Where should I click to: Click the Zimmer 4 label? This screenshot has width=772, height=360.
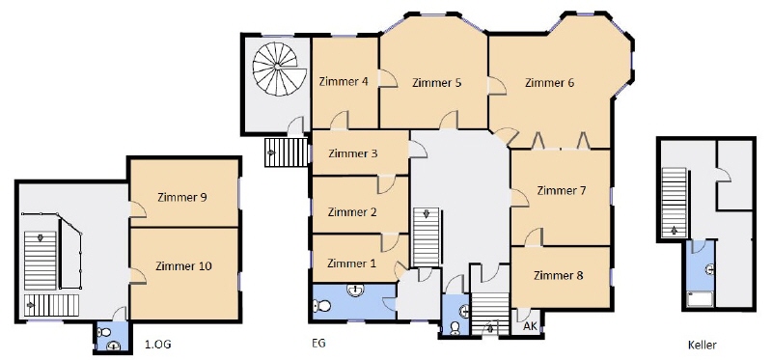344,82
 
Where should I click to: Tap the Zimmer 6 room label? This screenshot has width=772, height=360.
549,83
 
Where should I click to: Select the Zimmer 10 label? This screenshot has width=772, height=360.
183,266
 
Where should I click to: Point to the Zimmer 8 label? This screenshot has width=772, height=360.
559,275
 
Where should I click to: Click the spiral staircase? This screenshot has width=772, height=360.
275,69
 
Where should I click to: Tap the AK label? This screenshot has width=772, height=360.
529,326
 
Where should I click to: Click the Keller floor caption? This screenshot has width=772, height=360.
703,345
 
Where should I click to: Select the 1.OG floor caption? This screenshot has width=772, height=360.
158,345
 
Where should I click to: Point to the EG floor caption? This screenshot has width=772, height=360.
319,343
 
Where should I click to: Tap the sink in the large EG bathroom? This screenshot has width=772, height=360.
355,291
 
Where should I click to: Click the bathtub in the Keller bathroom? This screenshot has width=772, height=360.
701,299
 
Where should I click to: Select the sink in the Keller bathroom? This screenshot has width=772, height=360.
709,269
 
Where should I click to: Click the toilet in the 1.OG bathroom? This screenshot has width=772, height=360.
104,332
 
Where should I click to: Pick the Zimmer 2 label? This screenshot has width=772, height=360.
352,212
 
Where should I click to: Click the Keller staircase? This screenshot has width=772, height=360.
674,203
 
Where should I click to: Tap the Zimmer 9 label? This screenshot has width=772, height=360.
182,198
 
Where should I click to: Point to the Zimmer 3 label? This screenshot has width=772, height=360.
352,153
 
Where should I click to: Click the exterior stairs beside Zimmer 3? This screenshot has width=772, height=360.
287,152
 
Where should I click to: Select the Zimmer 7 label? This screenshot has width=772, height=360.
562,190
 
